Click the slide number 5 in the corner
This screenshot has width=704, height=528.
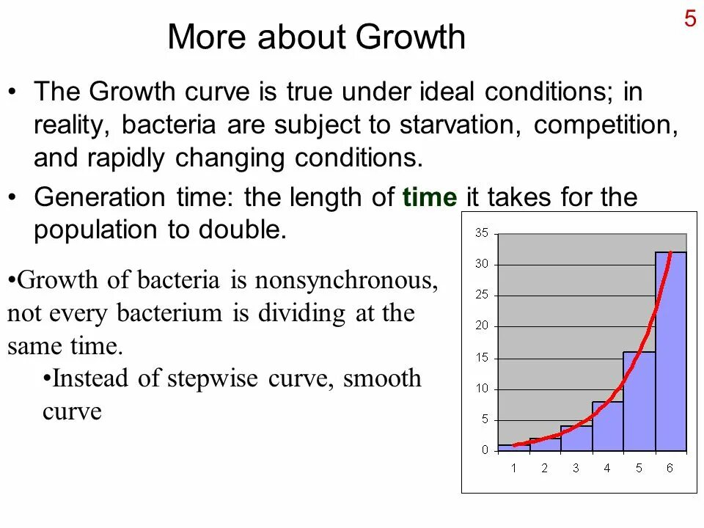(x=690, y=18)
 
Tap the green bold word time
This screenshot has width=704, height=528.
(x=430, y=197)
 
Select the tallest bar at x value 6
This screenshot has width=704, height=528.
(x=670, y=352)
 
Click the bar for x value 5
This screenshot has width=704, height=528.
(x=639, y=403)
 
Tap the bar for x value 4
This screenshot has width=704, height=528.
(x=607, y=428)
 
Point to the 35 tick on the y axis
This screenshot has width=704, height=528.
(x=481, y=233)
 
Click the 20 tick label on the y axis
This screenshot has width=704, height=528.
(x=481, y=326)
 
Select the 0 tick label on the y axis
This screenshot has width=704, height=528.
(x=484, y=450)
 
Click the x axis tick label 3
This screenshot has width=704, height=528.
(x=576, y=468)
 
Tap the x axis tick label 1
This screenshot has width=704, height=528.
(x=513, y=468)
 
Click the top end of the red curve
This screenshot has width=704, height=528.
(x=670, y=254)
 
